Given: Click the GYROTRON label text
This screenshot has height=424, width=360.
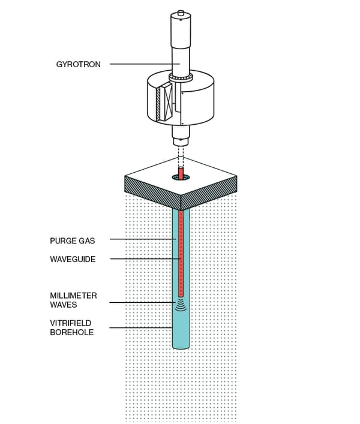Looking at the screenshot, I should tap(78, 64).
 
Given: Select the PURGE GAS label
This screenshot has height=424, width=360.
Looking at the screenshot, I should tap(72, 240).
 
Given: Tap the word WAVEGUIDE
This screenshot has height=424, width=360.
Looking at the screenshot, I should tap(73, 259).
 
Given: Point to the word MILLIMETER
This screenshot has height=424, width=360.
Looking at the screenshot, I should tap(73, 295).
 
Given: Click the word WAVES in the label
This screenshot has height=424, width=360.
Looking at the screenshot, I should tap(63, 304).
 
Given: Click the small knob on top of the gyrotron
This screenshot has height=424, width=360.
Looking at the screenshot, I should tap(180, 13).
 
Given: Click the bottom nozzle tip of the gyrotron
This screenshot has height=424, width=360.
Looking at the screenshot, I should tap(180, 142).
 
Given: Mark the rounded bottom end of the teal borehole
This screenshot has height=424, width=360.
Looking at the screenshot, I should tap(180, 346).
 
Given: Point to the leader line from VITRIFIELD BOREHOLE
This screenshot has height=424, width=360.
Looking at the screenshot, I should tap(141, 327).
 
